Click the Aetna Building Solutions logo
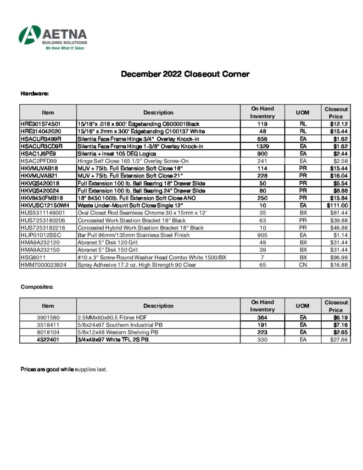[x=52, y=38]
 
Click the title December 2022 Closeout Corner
[x=185, y=74]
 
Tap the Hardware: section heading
[x=35, y=94]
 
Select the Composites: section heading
[x=37, y=287]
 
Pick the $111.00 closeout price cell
[x=336, y=205]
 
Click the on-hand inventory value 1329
[x=262, y=146]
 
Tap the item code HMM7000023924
[x=47, y=264]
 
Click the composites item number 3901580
[x=48, y=317]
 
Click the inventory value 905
[x=262, y=235]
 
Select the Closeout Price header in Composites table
[x=336, y=306]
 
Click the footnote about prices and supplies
[x=64, y=369]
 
